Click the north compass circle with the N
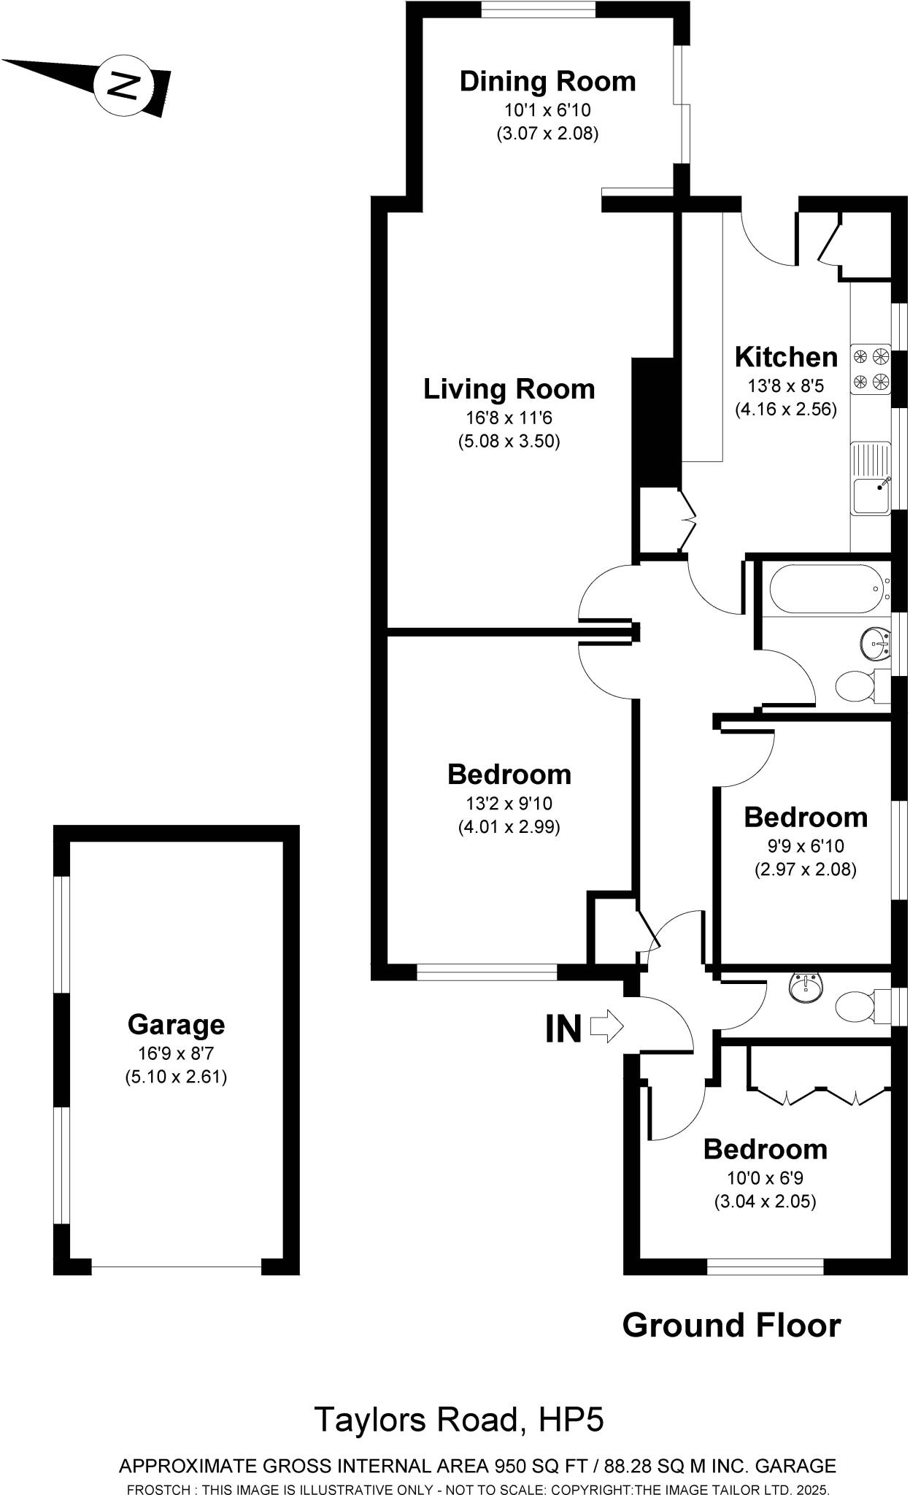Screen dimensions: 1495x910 pyautogui.click(x=123, y=85)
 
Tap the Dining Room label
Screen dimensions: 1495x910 pyautogui.click(x=547, y=81)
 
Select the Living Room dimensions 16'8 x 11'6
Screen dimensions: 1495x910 pyautogui.click(x=509, y=418)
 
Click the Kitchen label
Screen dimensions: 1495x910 pyautogui.click(x=786, y=357)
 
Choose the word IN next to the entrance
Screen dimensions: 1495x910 pyautogui.click(x=563, y=1029)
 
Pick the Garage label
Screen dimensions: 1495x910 pyautogui.click(x=176, y=1024)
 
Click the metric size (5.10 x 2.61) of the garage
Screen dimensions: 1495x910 pyautogui.click(x=176, y=1077)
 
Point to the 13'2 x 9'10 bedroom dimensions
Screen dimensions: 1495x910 pyautogui.click(x=509, y=804)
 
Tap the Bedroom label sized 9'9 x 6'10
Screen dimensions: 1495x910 pyautogui.click(x=806, y=817)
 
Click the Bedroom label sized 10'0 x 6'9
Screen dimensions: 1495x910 pyautogui.click(x=765, y=1149)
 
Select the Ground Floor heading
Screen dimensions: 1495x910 pyautogui.click(x=731, y=1325)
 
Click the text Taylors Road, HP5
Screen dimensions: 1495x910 pyautogui.click(x=459, y=1420)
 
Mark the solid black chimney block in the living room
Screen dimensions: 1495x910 pyautogui.click(x=655, y=422)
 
